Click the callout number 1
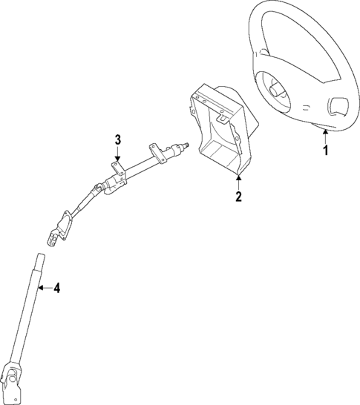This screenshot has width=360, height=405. click(325, 151)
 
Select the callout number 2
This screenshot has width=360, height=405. click(238, 197)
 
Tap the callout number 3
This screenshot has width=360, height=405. click(117, 139)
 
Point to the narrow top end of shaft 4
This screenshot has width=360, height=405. click(41, 260)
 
